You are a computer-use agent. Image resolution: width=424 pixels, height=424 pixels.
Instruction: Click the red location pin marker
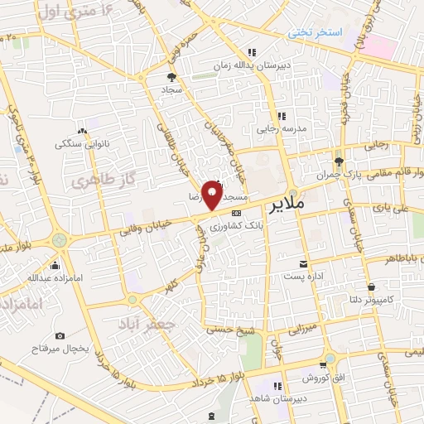213,195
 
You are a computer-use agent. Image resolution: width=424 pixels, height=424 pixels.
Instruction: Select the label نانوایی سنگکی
80,143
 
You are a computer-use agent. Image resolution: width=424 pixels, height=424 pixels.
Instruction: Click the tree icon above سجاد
170,77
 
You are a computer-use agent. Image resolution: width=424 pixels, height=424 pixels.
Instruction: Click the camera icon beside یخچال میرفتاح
60,335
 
